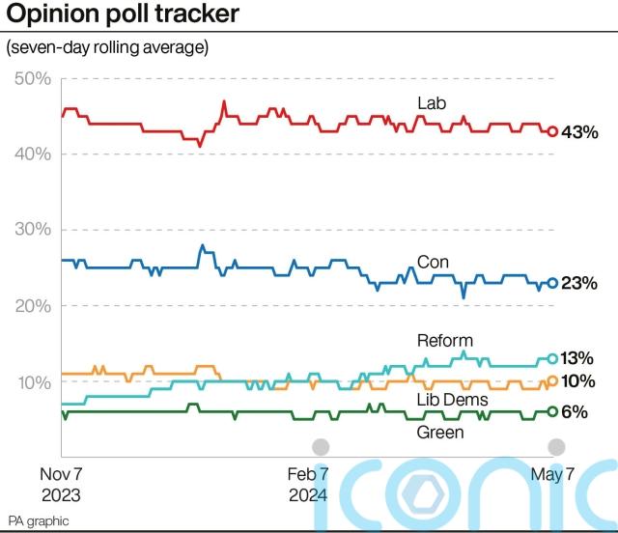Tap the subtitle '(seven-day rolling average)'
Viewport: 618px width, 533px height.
[106, 46]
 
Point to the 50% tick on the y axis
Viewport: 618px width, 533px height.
[34, 78]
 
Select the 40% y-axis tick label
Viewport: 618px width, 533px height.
[34, 154]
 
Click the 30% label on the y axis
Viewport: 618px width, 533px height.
[34, 230]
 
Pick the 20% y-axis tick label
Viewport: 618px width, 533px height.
[34, 306]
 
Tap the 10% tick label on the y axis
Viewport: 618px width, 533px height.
[34, 382]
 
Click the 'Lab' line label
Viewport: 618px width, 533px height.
[431, 102]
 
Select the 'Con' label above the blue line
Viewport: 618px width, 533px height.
[433, 262]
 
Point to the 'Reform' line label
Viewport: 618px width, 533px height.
[444, 341]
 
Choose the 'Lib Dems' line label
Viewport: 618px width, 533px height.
[452, 400]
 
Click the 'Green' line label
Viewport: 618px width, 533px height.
[440, 433]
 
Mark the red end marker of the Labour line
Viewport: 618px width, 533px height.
[552, 131]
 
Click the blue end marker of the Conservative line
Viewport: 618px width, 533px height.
[552, 283]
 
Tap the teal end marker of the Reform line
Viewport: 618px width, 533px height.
[552, 358]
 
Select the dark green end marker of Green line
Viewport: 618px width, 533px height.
[552, 411]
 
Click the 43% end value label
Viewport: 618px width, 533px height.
[581, 132]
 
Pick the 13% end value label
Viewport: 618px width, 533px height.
[581, 358]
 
